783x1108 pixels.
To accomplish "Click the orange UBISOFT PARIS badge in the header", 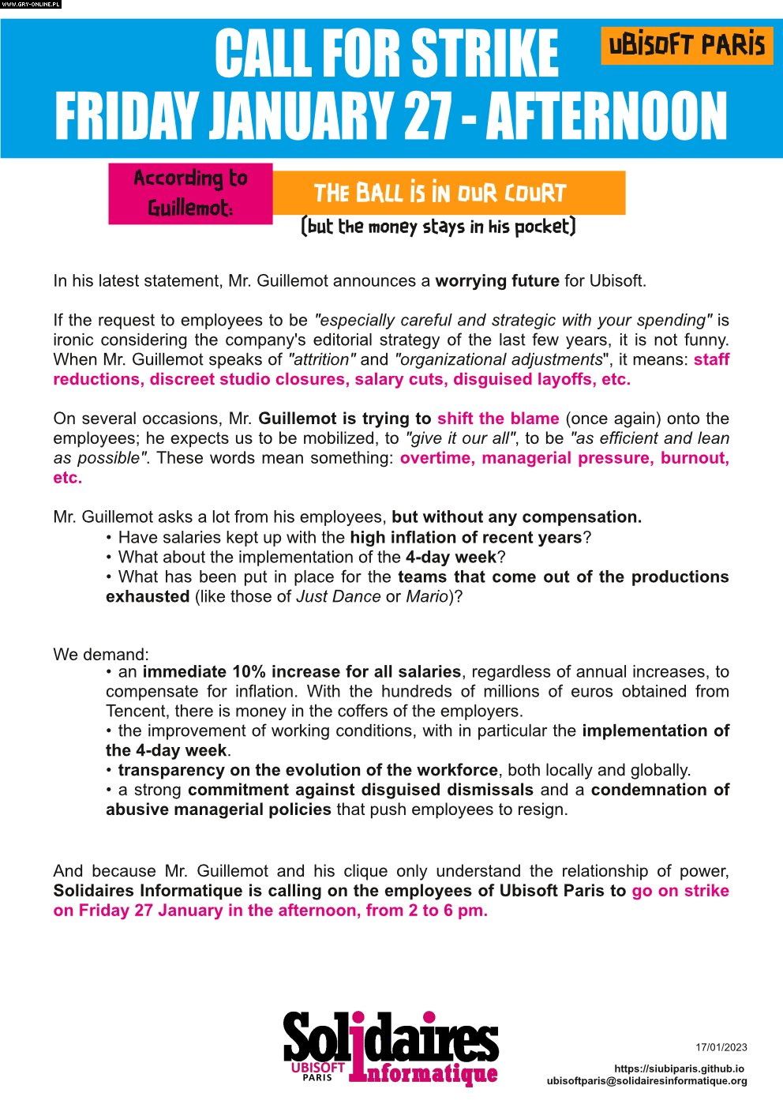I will [687, 45].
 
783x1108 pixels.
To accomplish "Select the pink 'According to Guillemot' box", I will [190, 193].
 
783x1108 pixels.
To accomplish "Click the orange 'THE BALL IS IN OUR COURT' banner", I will [448, 193].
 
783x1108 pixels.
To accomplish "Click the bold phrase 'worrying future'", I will [497, 281].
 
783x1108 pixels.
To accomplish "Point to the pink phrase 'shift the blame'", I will [498, 419].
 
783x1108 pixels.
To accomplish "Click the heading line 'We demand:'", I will [101, 655].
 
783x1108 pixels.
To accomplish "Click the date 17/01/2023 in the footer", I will [721, 1048].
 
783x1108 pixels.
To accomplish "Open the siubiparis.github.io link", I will [679, 1069].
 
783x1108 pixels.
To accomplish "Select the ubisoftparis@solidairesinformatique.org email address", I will [646, 1081].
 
